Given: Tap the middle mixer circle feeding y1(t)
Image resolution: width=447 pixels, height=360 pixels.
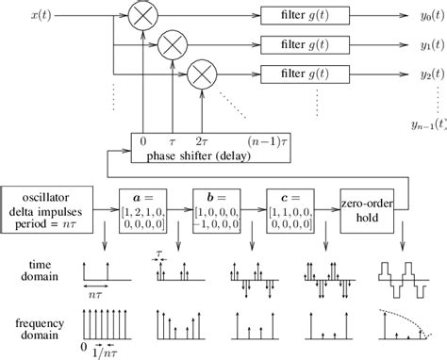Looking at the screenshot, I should (172, 44).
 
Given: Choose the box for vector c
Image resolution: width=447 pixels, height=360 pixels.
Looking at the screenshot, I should (295, 207).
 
